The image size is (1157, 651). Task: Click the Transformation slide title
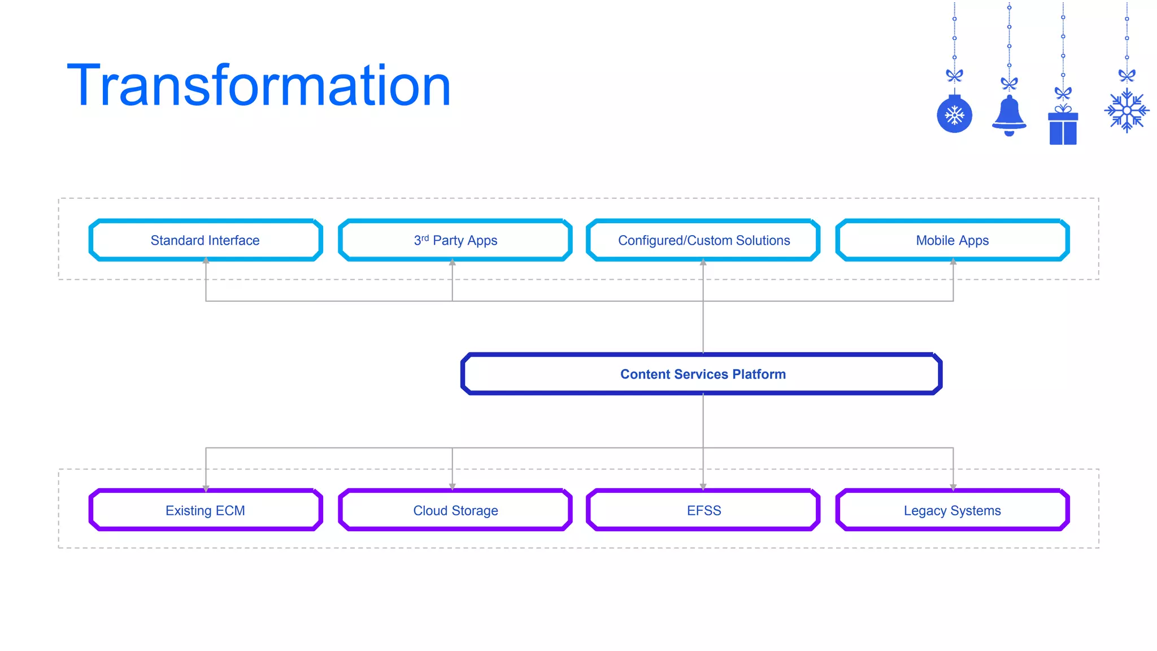tap(259, 86)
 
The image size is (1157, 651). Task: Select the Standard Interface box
tap(206, 240)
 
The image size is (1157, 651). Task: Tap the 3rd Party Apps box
tap(455, 240)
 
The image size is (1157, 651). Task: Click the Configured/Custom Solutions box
tap(703, 240)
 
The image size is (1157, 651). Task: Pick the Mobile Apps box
tap(952, 240)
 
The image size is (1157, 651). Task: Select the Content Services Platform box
tap(702, 374)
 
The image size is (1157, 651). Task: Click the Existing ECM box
tap(206, 510)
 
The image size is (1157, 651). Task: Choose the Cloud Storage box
tap(455, 510)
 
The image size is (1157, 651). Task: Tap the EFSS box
tap(703, 510)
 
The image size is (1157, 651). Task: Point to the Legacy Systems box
tap(952, 510)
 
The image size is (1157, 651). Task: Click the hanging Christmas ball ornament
tap(954, 115)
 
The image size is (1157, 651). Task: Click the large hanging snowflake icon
tap(1126, 111)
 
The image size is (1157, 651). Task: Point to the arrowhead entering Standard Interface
tap(206, 261)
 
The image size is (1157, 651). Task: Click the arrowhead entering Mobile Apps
tap(953, 261)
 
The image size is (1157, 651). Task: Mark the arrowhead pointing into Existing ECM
tap(206, 488)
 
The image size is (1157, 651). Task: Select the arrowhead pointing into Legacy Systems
tap(953, 487)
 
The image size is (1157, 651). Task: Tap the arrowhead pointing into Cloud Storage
tap(452, 487)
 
